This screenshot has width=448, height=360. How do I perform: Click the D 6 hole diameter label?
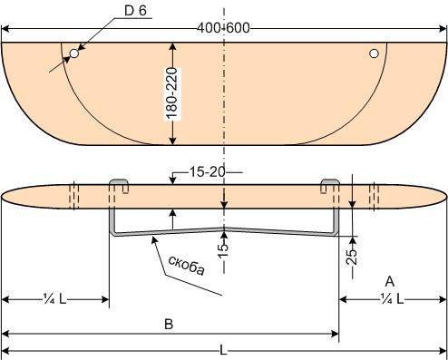[x=135, y=11]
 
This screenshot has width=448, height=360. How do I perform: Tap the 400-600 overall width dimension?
[x=223, y=28]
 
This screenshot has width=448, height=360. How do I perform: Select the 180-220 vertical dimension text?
[x=171, y=93]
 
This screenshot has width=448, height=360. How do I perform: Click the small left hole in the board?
[x=74, y=54]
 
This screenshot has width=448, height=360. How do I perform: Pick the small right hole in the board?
[x=374, y=54]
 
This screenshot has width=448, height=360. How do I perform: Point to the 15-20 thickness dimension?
[x=208, y=172]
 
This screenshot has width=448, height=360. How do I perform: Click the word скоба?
[x=187, y=265]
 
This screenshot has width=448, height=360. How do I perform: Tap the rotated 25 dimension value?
[x=352, y=257]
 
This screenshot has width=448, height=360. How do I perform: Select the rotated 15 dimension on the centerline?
[x=223, y=250]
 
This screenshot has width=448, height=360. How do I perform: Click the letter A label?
[x=390, y=281]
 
